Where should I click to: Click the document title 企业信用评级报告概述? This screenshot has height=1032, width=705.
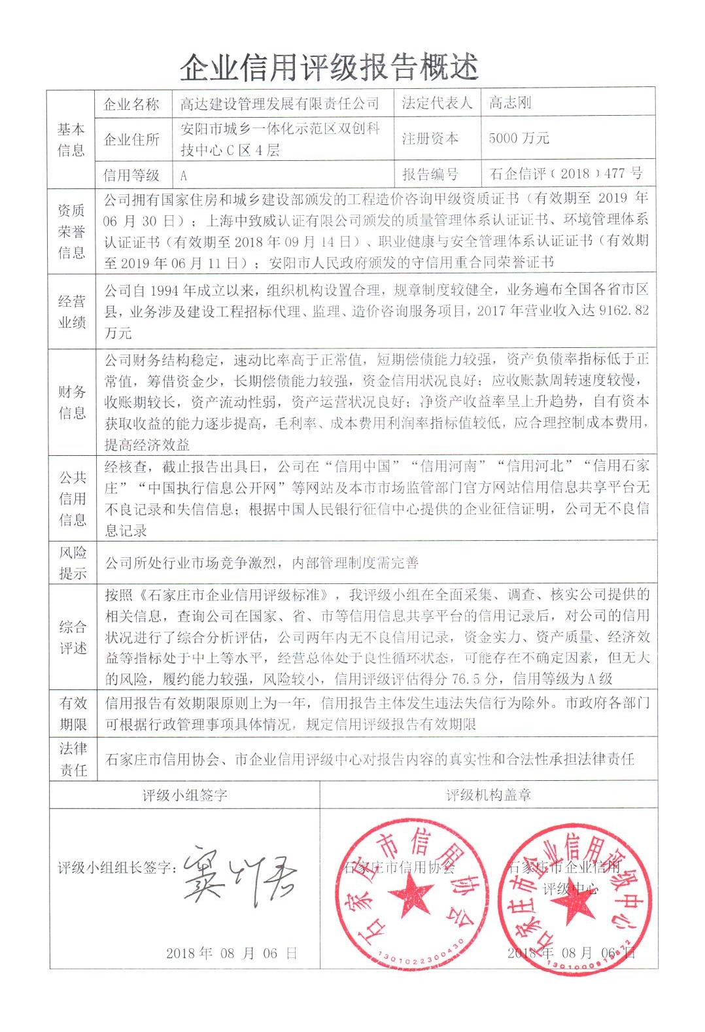[x=329, y=67]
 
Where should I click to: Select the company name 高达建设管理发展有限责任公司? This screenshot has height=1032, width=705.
[x=280, y=103]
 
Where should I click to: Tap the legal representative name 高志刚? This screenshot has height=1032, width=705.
[x=510, y=103]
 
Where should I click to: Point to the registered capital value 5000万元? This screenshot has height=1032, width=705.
[x=519, y=138]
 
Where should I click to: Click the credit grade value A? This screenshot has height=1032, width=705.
[x=184, y=175]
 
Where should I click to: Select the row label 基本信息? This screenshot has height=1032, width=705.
[x=71, y=139]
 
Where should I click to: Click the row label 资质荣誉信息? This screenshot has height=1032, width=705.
[x=71, y=231]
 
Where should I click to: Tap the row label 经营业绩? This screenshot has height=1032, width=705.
[x=72, y=311]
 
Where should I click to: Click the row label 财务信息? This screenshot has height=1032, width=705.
[x=72, y=402]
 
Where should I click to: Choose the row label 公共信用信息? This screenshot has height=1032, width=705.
[x=72, y=498]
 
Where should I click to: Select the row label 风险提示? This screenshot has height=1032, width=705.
[x=72, y=562]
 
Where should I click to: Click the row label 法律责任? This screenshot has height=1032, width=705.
[x=73, y=759]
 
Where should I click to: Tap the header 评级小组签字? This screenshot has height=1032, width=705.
[x=184, y=795]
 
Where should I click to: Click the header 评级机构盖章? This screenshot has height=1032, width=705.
[x=488, y=795]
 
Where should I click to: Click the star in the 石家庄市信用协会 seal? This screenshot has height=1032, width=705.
[x=410, y=894]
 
